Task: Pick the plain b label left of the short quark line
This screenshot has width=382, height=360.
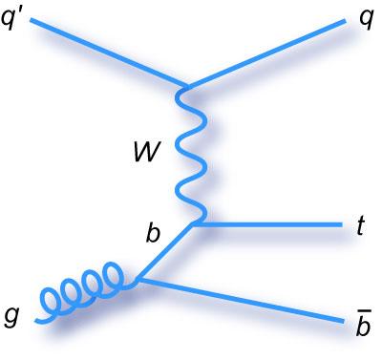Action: [152, 233]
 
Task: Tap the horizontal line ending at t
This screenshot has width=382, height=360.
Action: [267, 225]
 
